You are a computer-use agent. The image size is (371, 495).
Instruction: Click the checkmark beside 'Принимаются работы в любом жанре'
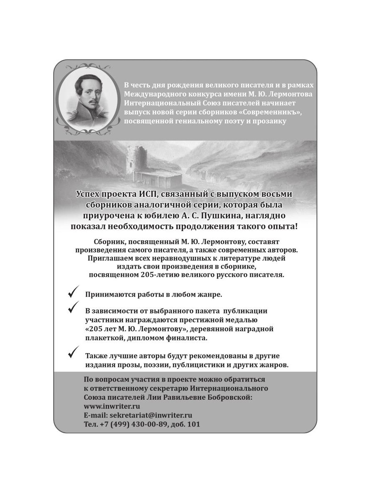click(x=73, y=293)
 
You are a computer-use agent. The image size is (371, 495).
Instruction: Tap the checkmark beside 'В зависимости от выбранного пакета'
click(x=73, y=306)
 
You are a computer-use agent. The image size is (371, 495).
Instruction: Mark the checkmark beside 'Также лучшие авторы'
click(x=73, y=353)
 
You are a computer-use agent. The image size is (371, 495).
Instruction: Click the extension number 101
click(x=193, y=424)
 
